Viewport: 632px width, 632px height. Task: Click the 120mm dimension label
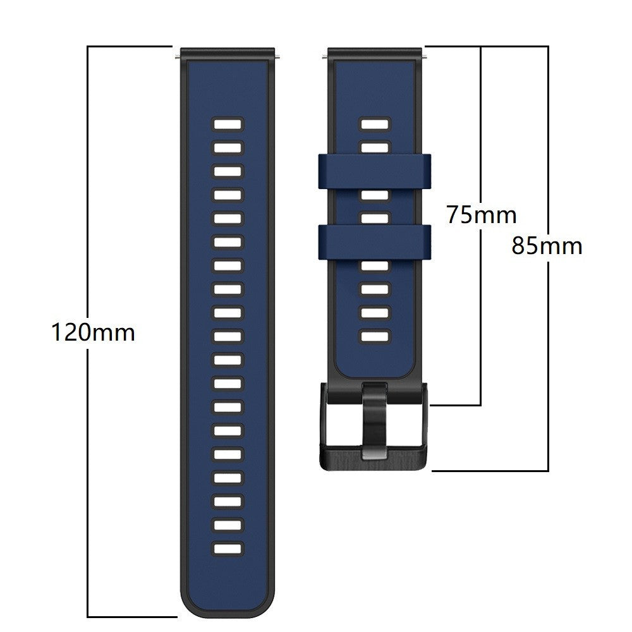point(93,332)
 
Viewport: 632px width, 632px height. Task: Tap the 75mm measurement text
point(482,215)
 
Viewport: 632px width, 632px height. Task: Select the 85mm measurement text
point(547,246)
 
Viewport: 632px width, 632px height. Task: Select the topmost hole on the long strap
point(228,124)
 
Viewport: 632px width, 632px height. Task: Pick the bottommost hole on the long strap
point(228,549)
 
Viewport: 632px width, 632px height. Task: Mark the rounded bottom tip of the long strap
point(228,610)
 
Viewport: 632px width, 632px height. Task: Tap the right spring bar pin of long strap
point(278,58)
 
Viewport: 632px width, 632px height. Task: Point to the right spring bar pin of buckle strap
point(425,58)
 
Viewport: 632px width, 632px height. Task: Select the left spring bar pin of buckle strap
point(325,58)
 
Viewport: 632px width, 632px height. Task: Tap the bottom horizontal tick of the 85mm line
point(490,471)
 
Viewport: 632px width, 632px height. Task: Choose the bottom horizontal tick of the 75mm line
point(455,405)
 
